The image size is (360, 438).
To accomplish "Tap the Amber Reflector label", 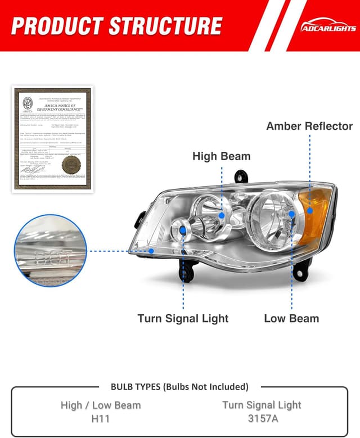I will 309,126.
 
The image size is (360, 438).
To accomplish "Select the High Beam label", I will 221,156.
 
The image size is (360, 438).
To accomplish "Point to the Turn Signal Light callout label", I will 183,318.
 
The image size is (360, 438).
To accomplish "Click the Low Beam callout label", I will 291,318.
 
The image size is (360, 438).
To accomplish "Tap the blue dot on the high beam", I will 222,215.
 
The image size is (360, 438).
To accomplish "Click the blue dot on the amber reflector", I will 309,211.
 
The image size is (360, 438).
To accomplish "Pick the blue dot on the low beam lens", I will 292,214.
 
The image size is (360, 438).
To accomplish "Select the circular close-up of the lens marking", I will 51,251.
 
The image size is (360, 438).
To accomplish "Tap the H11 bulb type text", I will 101,419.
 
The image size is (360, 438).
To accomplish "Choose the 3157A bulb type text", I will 262,419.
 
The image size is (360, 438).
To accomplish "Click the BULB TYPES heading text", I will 179,387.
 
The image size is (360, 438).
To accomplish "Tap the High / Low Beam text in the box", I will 101,405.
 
